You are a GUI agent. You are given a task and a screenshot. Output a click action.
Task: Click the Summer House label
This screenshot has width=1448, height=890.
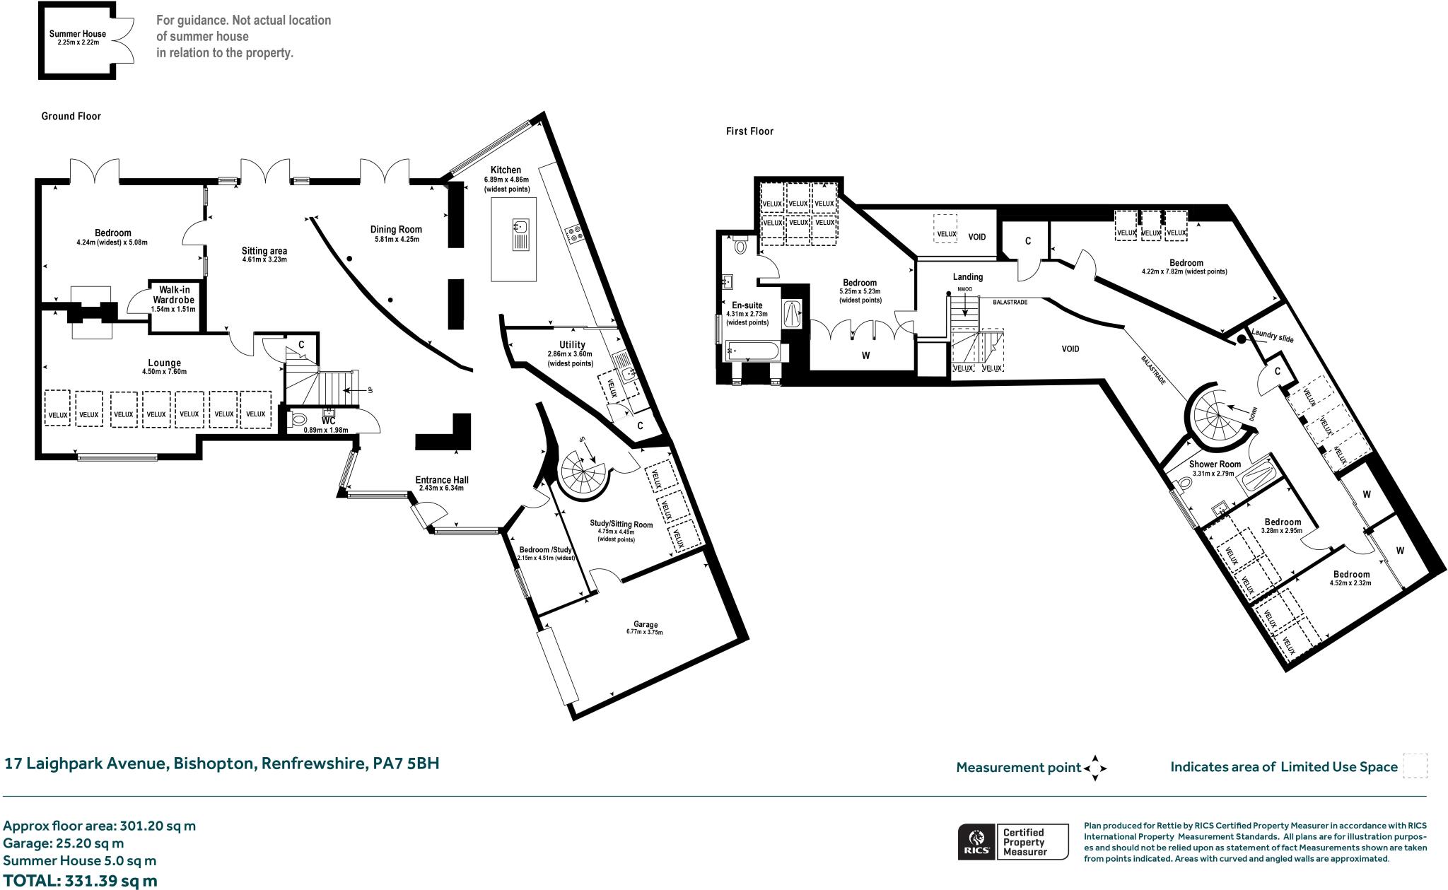click(x=78, y=34)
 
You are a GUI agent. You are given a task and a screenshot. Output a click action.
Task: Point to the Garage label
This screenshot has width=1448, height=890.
click(x=646, y=624)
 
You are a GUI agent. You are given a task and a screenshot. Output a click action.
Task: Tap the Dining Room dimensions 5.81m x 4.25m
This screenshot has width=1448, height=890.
click(x=397, y=239)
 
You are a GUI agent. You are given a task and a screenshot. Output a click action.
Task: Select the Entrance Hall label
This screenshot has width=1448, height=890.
click(x=442, y=480)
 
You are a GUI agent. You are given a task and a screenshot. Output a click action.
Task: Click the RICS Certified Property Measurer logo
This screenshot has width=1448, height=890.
click(x=1012, y=841)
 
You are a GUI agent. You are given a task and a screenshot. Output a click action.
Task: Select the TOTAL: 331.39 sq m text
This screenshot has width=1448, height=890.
click(x=80, y=881)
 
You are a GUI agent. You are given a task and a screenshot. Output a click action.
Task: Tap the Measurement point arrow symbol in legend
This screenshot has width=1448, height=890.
click(x=1094, y=768)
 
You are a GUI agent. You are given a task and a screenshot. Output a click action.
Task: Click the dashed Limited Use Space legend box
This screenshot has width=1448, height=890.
click(x=1415, y=766)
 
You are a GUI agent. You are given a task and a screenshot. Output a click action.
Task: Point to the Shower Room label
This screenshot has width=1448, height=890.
click(x=1215, y=464)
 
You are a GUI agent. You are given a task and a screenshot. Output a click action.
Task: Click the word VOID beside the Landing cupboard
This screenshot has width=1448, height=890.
click(x=976, y=237)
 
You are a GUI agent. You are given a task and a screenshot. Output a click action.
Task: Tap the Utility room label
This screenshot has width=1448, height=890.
click(x=571, y=345)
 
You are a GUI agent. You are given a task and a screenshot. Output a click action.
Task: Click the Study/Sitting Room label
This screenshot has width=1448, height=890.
click(x=621, y=524)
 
